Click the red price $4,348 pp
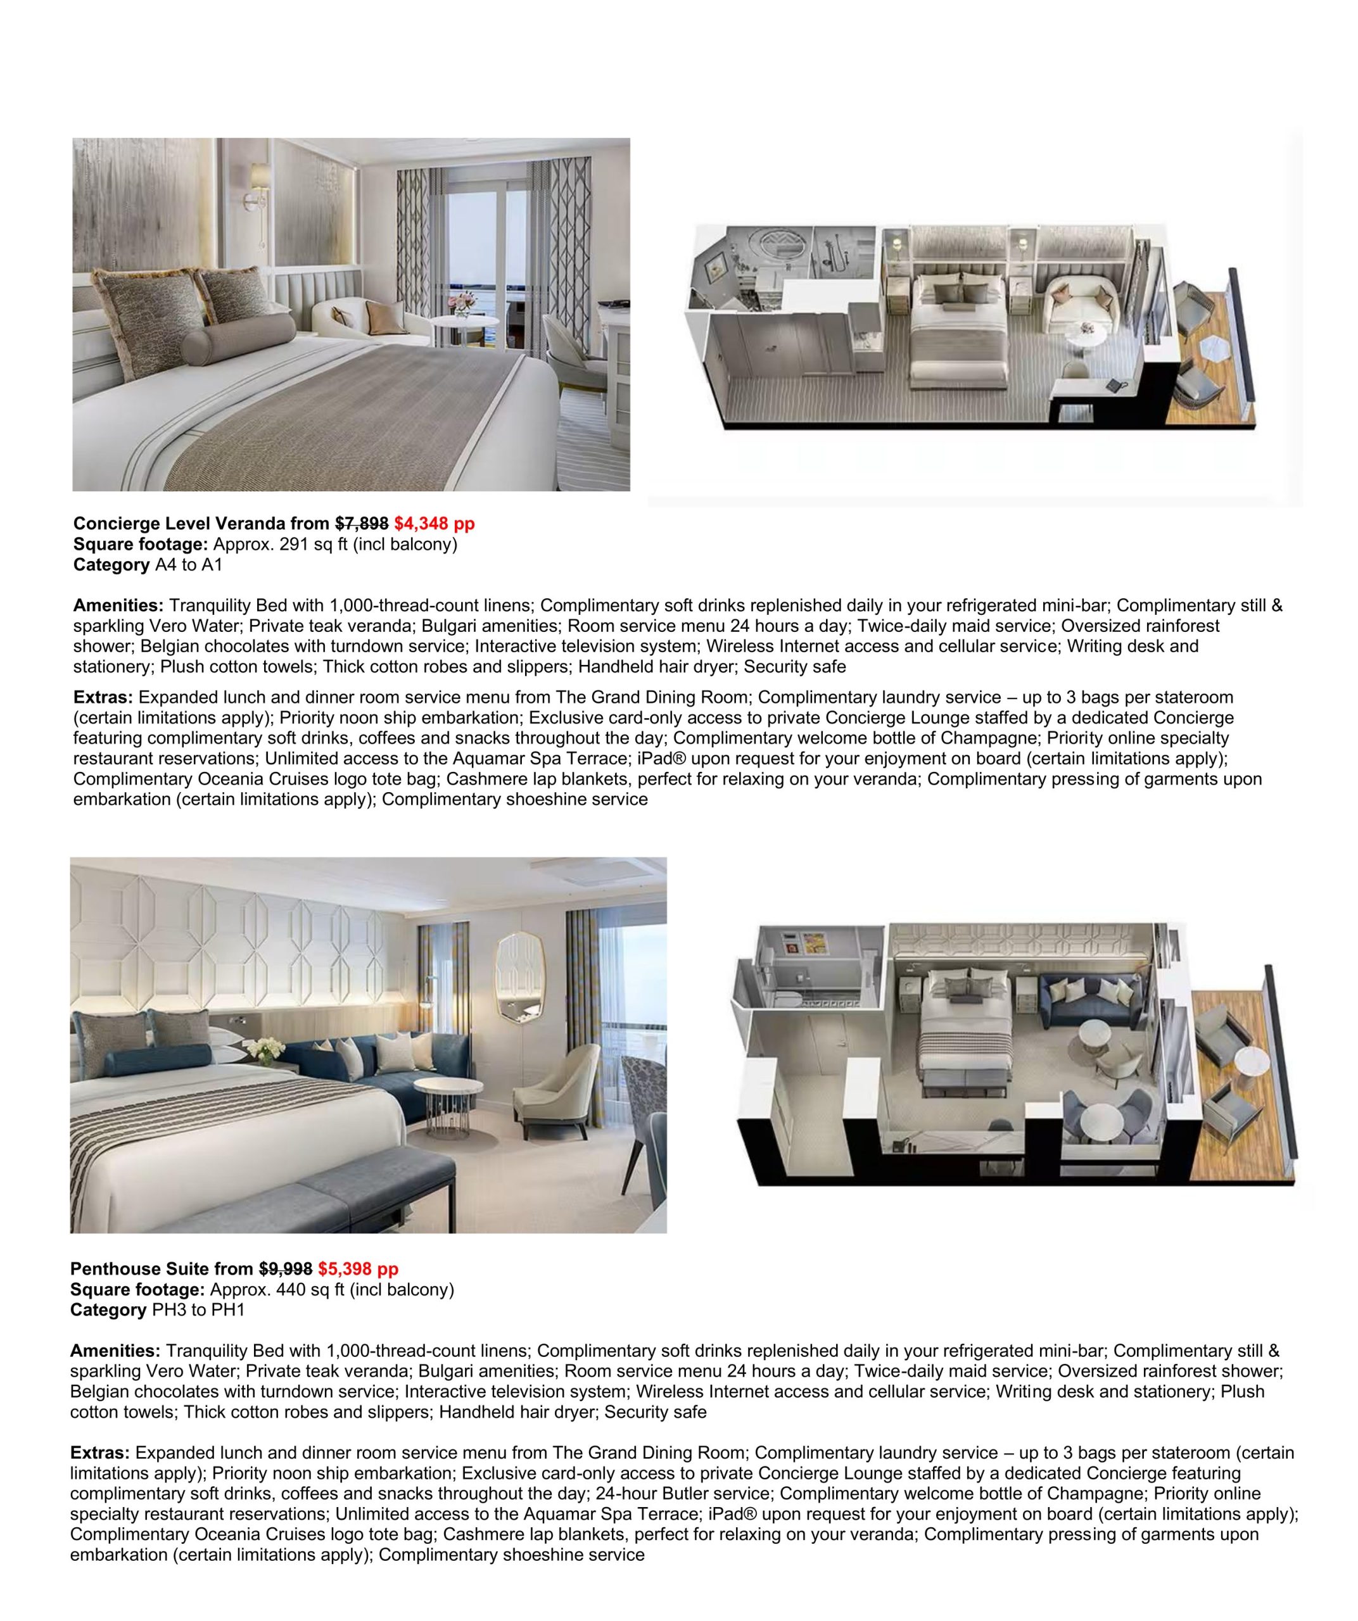point(434,524)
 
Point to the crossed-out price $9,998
point(285,1269)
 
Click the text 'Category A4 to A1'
point(148,564)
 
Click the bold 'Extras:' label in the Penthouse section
point(99,1453)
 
